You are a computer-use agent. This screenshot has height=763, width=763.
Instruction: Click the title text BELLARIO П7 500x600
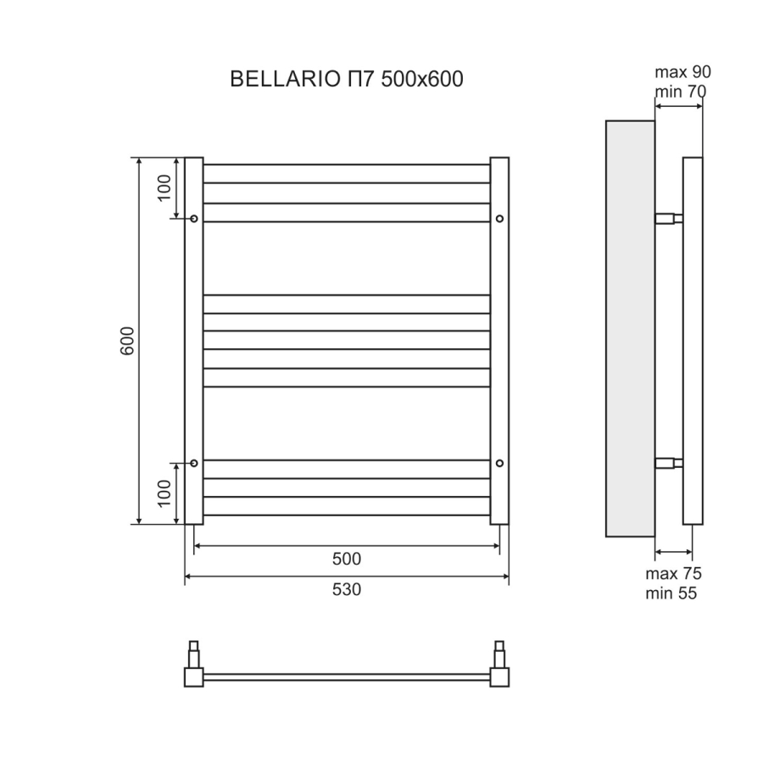coord(347,80)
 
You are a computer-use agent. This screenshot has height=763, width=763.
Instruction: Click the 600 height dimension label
coord(128,340)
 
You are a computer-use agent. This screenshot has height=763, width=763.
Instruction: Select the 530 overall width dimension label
coord(347,589)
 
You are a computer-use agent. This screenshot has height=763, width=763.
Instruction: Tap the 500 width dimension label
coord(347,559)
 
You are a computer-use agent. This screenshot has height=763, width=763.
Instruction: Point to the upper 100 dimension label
coord(165,185)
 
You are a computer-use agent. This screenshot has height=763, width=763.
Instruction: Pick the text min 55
coord(671,594)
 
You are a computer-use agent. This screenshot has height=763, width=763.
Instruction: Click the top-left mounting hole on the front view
coord(194,219)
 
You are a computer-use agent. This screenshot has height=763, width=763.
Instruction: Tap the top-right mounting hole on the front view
coord(499,219)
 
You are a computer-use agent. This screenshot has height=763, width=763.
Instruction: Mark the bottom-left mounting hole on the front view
coord(194,463)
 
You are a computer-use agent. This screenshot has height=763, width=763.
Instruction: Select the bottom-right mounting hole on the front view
coord(499,463)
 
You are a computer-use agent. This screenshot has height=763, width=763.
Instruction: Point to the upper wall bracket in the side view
coord(669,219)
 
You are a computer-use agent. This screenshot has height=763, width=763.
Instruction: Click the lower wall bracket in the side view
coord(669,463)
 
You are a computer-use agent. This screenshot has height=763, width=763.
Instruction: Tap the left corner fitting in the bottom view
coord(194,677)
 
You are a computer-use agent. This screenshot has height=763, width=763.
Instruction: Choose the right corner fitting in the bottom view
coord(499,677)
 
